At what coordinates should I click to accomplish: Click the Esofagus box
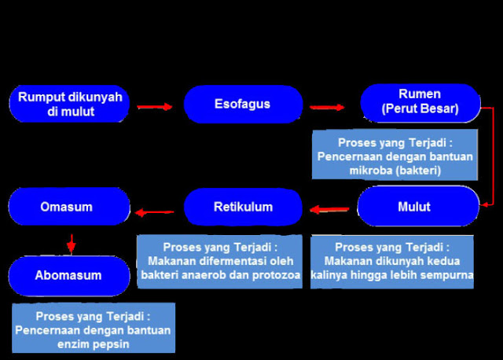tap(243, 104)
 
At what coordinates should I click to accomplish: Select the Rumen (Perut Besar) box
tap(420, 102)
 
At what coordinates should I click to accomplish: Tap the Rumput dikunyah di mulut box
tap(70, 104)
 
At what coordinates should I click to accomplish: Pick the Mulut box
tap(418, 207)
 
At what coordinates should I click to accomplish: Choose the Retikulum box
tap(243, 208)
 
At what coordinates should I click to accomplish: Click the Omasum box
tap(67, 208)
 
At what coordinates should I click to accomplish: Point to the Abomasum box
tap(68, 276)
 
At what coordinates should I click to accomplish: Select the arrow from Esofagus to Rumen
tap(328, 106)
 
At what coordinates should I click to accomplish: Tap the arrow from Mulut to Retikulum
tap(329, 209)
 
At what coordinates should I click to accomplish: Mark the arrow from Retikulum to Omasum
tap(154, 210)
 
